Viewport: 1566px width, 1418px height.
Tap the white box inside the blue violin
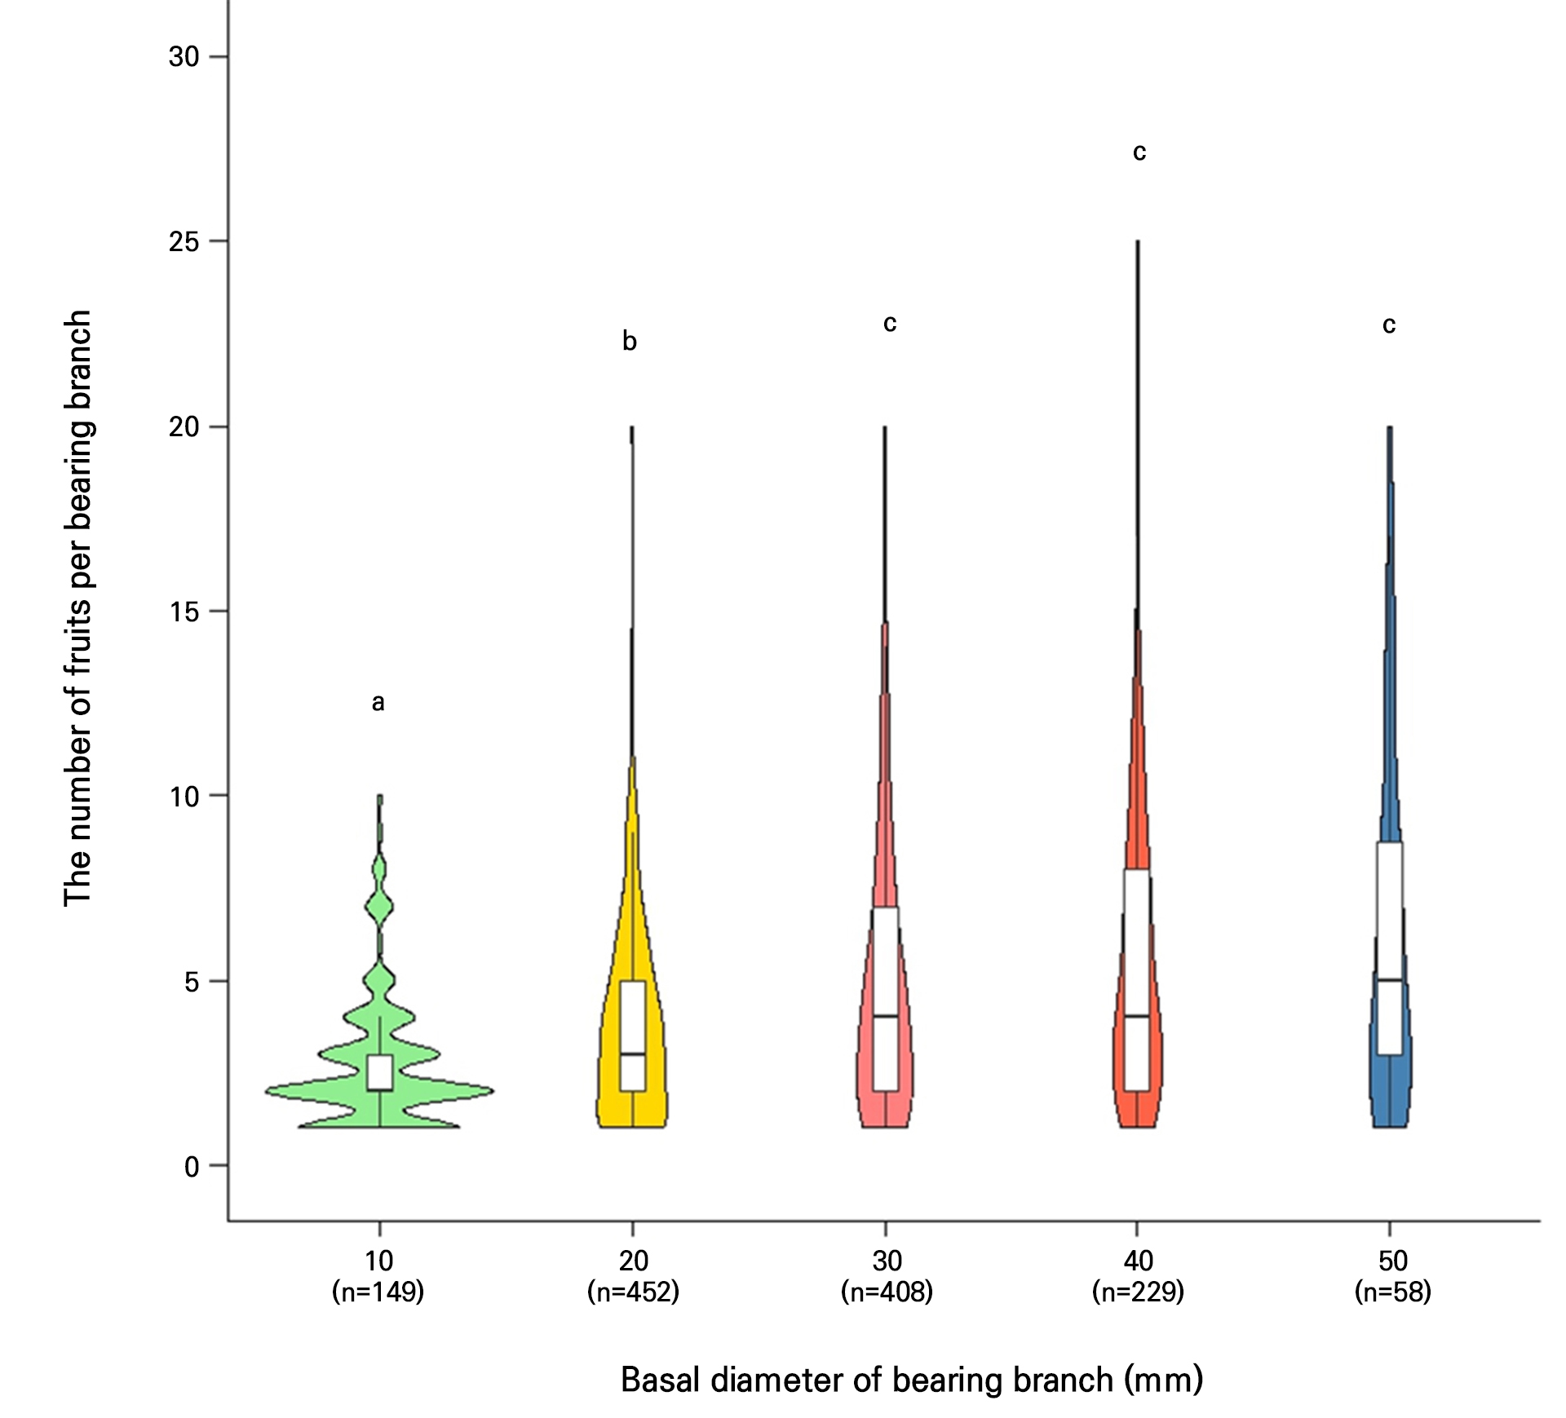[1390, 946]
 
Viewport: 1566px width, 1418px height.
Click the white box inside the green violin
[380, 1072]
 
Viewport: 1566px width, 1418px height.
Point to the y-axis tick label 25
[184, 242]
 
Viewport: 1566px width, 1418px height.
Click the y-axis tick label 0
[192, 1167]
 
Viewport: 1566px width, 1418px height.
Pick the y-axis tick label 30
[184, 57]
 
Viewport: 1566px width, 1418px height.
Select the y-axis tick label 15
[184, 612]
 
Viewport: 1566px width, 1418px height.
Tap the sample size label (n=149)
[378, 1292]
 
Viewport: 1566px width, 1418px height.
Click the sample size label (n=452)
[633, 1292]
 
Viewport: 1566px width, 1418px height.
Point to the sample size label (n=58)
[1392, 1292]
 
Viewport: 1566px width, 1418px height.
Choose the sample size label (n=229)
[1138, 1292]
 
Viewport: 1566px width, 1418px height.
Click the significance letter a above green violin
[378, 702]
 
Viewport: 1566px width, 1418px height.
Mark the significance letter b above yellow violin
[630, 341]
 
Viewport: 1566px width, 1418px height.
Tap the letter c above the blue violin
[1389, 325]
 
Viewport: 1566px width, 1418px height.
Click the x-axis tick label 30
[887, 1261]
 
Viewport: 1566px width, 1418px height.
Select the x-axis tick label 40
[1138, 1261]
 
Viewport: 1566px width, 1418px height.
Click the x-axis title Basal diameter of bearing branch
[912, 1380]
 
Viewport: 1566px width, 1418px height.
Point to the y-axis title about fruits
[78, 607]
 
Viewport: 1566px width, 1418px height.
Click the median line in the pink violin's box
[886, 1016]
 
